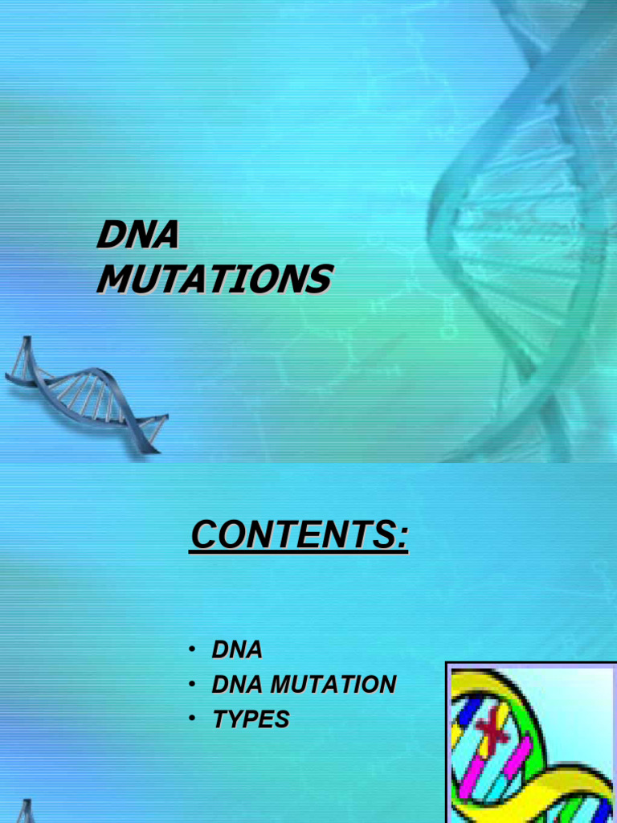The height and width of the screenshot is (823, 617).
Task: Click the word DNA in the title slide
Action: (x=137, y=236)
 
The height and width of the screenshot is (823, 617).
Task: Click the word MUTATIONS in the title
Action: (x=214, y=279)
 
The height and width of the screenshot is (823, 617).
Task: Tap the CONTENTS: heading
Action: (x=299, y=535)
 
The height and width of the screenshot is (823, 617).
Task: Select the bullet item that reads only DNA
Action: (x=237, y=649)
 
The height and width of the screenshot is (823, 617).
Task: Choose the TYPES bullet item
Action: (x=251, y=719)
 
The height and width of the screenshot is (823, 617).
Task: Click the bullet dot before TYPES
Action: (x=193, y=719)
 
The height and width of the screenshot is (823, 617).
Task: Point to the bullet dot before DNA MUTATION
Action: (x=193, y=685)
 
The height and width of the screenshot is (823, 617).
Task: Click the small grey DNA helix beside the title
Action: (x=84, y=394)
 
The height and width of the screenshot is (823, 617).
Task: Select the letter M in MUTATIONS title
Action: (x=112, y=279)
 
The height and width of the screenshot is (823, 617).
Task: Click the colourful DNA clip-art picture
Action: (x=531, y=743)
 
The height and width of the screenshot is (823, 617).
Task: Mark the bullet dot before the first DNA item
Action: (x=193, y=649)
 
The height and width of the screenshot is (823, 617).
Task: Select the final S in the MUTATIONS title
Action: (x=319, y=279)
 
